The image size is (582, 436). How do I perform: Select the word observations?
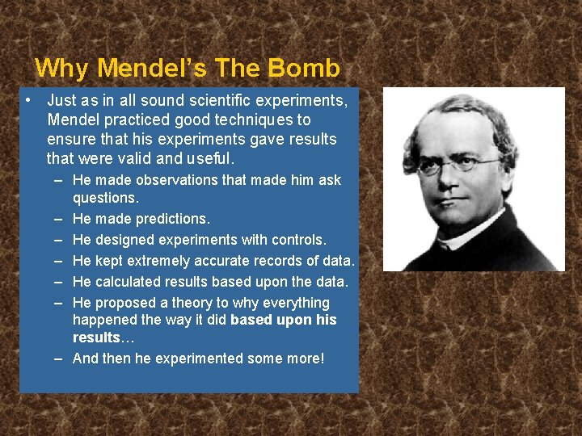173,180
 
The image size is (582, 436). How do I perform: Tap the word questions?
105,198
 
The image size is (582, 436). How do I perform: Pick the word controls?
299,240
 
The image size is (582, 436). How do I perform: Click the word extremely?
162,261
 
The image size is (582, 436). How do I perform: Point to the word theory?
209,303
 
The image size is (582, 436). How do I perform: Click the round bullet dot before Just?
27,101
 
